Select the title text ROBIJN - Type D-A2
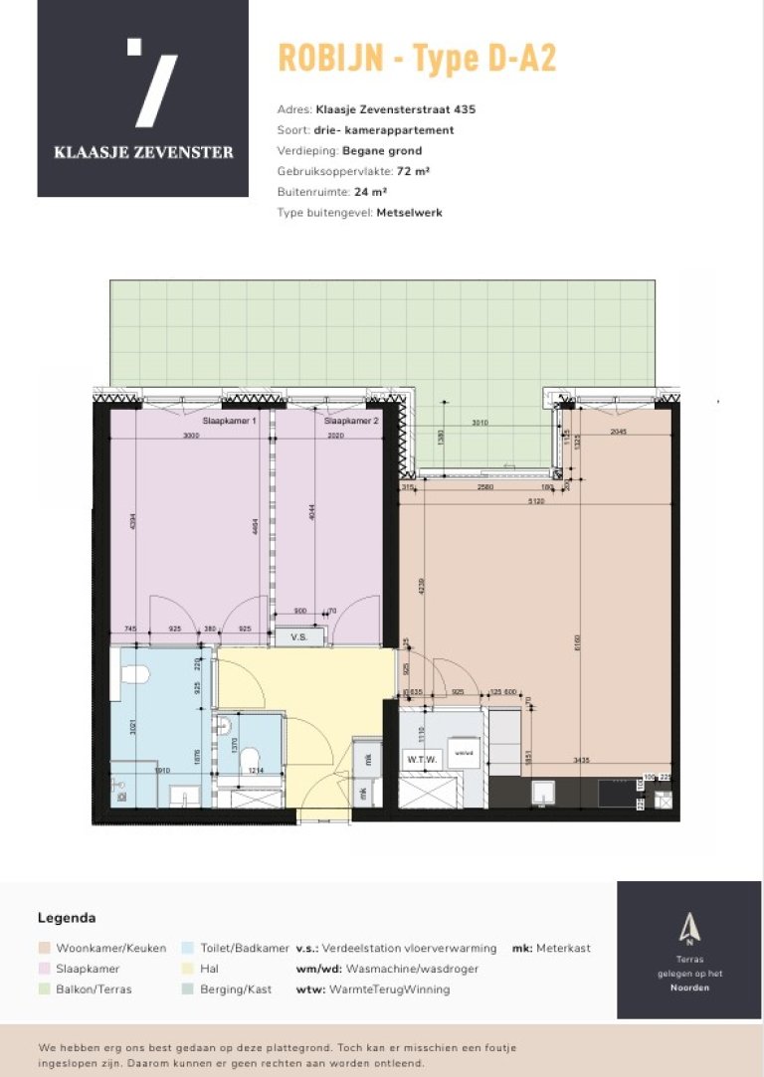click(417, 59)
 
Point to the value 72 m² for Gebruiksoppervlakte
click(413, 172)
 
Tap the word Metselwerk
click(409, 213)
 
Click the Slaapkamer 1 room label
click(230, 422)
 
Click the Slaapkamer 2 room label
click(351, 422)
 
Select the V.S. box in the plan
click(299, 636)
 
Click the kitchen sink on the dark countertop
click(544, 791)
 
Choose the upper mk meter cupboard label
click(367, 761)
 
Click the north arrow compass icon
click(688, 928)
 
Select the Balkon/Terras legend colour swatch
click(44, 989)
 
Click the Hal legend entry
click(209, 969)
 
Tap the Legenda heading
click(67, 918)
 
